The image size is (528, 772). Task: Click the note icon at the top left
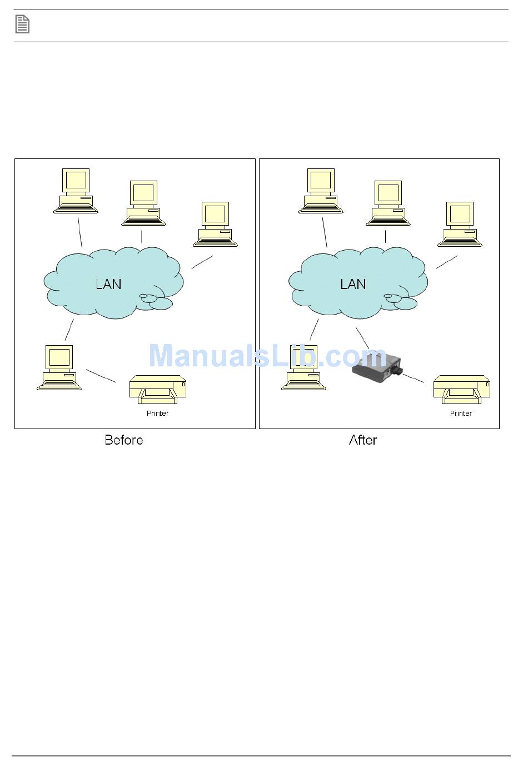click(x=22, y=24)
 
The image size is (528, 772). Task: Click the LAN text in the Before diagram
click(x=108, y=284)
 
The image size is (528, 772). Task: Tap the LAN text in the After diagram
click(x=353, y=284)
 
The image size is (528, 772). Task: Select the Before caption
click(x=124, y=440)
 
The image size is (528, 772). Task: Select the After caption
click(x=363, y=440)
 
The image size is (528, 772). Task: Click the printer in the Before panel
click(x=158, y=389)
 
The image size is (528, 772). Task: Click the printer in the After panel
click(x=461, y=389)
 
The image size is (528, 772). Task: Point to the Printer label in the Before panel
click(x=157, y=414)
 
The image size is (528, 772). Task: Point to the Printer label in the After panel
click(x=461, y=414)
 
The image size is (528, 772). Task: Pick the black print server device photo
click(x=378, y=367)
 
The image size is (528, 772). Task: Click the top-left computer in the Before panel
click(x=76, y=191)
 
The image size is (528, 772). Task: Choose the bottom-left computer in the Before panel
click(x=59, y=367)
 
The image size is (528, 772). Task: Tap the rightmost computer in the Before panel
click(x=216, y=224)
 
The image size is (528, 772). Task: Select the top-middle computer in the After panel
click(x=388, y=203)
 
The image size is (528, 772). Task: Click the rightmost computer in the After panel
click(x=460, y=224)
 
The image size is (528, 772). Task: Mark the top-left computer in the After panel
click(x=321, y=191)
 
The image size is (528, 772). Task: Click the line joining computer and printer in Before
click(x=101, y=376)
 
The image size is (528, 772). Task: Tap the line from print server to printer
click(x=413, y=378)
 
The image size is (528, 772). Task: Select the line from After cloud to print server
click(x=362, y=337)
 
